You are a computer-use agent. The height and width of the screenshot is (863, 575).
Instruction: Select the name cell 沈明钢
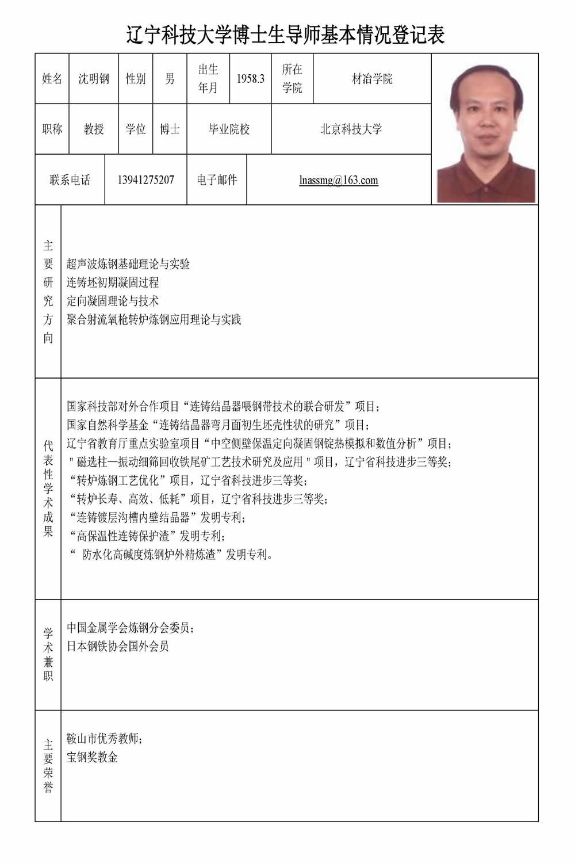[x=94, y=79]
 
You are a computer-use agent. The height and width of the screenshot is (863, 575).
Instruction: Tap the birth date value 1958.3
[x=250, y=79]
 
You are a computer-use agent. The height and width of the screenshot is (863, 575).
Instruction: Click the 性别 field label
[x=136, y=79]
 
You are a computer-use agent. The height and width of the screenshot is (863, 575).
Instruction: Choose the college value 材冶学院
[x=372, y=79]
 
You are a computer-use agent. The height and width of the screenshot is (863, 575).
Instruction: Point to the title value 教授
[x=94, y=129]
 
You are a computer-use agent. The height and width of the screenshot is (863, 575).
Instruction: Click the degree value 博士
[x=170, y=129]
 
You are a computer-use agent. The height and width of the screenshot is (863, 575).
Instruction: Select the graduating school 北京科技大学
[x=351, y=129]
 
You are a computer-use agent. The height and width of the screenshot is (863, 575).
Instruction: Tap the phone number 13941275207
[x=145, y=180]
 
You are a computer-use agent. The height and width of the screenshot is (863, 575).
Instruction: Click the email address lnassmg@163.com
[x=339, y=180]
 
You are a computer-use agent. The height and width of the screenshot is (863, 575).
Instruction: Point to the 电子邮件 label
[x=217, y=180]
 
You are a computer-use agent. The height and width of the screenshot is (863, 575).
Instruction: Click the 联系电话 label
[x=70, y=180]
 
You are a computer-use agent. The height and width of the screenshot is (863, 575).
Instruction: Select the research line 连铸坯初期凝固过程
[x=113, y=282]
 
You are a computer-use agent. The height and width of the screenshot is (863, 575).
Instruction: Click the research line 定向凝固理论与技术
[x=113, y=301]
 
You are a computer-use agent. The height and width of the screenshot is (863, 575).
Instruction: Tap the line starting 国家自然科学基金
[x=218, y=425]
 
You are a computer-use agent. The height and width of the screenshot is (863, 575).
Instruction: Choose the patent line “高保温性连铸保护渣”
[x=146, y=536]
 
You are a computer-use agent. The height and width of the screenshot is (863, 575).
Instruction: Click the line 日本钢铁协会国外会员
[x=118, y=646]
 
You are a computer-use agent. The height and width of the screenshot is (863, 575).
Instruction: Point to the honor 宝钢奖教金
[x=92, y=757]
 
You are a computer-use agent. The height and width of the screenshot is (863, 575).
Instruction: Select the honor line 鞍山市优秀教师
[x=104, y=739]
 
